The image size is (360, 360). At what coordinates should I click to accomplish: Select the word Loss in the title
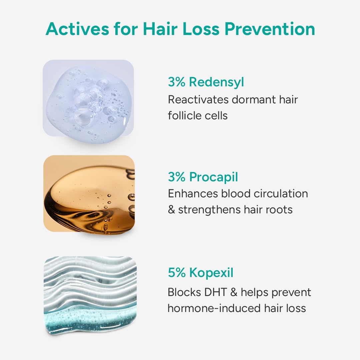(x=201, y=29)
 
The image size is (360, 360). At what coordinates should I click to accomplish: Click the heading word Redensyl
(x=217, y=82)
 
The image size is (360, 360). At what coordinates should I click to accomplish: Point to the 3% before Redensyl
(x=176, y=82)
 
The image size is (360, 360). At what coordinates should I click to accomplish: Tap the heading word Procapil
(x=214, y=177)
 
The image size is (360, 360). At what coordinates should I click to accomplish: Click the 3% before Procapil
(x=176, y=177)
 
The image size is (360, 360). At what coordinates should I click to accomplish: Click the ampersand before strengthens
(x=171, y=210)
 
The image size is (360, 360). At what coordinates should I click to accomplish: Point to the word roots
(x=279, y=210)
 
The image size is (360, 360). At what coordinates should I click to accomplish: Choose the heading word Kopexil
(x=211, y=272)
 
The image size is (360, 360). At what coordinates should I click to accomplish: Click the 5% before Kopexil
(x=177, y=272)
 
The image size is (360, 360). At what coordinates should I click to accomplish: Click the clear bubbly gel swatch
(x=88, y=102)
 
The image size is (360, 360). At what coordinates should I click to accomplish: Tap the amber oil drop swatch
(x=89, y=193)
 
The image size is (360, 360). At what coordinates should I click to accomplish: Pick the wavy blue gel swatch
(x=90, y=295)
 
